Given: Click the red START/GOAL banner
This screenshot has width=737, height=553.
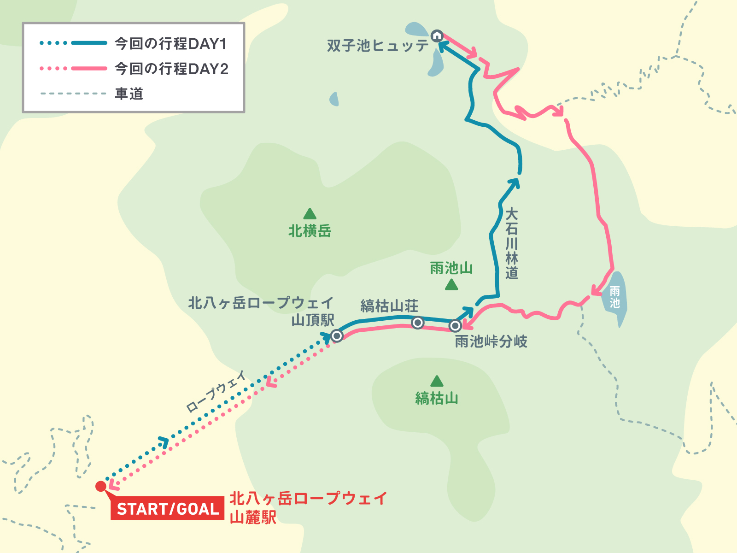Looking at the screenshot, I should (x=167, y=509).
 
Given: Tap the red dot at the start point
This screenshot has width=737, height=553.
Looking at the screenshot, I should (x=100, y=486).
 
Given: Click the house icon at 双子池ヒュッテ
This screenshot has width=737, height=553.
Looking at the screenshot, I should (x=437, y=35).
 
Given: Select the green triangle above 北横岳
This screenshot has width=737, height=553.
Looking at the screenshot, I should (x=310, y=214).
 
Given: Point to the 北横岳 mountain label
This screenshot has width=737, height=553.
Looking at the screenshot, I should (x=310, y=231).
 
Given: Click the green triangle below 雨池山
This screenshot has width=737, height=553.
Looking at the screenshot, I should (x=451, y=285).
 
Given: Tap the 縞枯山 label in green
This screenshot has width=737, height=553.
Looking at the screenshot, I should (x=436, y=398).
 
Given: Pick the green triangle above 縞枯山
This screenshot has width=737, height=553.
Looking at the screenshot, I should (x=436, y=382).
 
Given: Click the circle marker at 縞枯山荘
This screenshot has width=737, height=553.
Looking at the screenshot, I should (x=417, y=323).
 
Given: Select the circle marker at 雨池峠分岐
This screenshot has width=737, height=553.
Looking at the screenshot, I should (x=455, y=326).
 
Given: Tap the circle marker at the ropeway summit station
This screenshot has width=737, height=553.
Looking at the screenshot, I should (x=337, y=335).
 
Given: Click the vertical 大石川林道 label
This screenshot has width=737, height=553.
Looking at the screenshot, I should (x=511, y=243).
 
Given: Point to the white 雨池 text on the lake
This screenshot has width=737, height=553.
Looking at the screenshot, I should (x=614, y=297).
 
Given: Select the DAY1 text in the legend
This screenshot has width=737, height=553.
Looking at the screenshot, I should (x=207, y=44).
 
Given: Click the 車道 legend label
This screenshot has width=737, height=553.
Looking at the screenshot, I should (x=129, y=94).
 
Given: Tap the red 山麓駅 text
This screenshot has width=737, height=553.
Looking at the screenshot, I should (x=253, y=518).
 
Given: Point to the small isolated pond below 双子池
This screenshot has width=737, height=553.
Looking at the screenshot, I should (x=334, y=99).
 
